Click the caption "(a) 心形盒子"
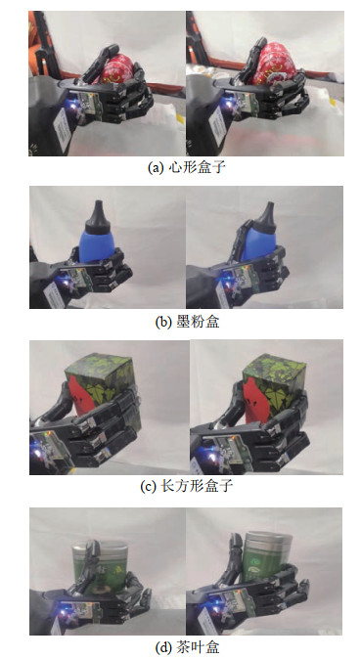pyautogui.click(x=187, y=167)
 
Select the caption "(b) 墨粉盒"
pyautogui.click(x=187, y=322)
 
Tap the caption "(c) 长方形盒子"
pyautogui.click(x=187, y=486)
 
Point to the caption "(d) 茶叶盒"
pyautogui.click(x=187, y=646)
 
